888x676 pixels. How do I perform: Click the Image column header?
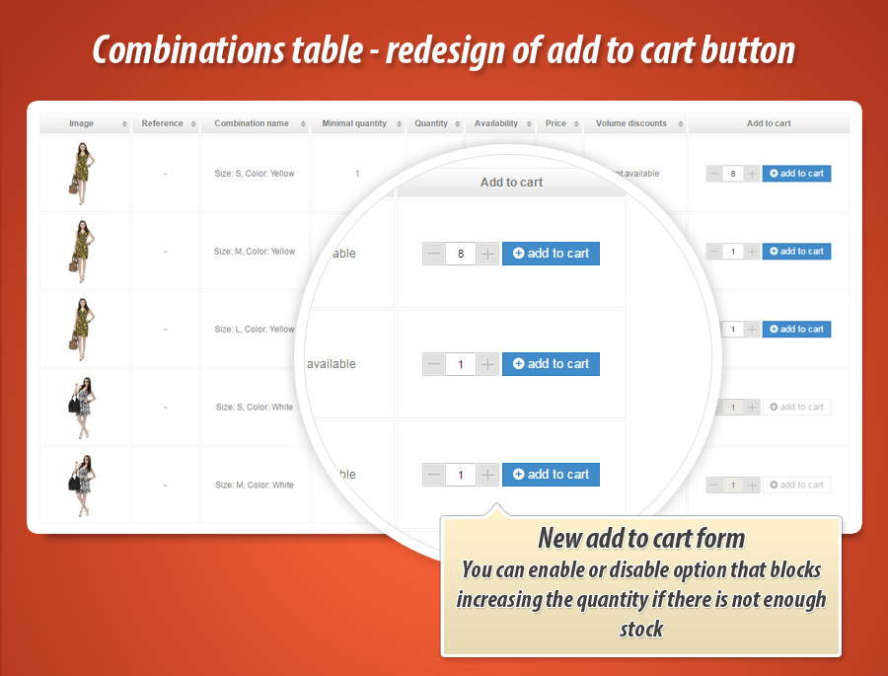82,123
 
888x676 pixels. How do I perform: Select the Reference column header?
163,123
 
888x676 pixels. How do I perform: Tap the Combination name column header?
252,123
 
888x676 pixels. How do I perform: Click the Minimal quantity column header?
354,123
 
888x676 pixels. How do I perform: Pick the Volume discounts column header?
631,123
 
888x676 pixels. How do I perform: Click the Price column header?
556,123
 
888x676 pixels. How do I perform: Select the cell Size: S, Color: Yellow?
255,174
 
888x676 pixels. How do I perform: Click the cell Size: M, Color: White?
255,486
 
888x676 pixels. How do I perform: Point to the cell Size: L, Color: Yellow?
255,330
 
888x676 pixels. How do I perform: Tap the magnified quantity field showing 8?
461,254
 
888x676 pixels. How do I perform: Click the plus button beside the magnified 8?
488,254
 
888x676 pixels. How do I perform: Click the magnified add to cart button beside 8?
551,254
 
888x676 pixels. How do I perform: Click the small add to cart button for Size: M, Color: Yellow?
796,252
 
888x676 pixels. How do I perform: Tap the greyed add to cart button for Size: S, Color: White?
796,408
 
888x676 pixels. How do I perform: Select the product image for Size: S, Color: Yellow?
83,173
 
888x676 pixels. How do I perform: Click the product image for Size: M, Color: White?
83,485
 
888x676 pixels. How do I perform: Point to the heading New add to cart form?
641,539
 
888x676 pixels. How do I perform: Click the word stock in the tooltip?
641,629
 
